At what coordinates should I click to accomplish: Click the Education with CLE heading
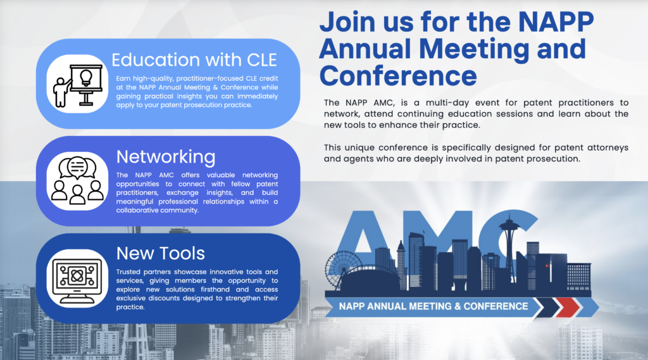194,60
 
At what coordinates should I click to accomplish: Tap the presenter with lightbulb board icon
78,85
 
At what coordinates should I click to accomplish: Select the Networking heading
166,157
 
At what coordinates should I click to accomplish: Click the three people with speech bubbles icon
77,180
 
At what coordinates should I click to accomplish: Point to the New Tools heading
160,253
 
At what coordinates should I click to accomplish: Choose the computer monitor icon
77,278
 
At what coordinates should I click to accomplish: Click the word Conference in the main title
398,76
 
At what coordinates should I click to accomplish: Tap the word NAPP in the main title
556,22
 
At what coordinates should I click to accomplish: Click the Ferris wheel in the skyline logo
344,269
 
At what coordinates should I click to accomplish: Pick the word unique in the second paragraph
359,148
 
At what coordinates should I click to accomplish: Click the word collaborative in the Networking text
137,211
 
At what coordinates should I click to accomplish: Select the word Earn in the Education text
123,78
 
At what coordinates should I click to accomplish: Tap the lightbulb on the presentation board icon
86,78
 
